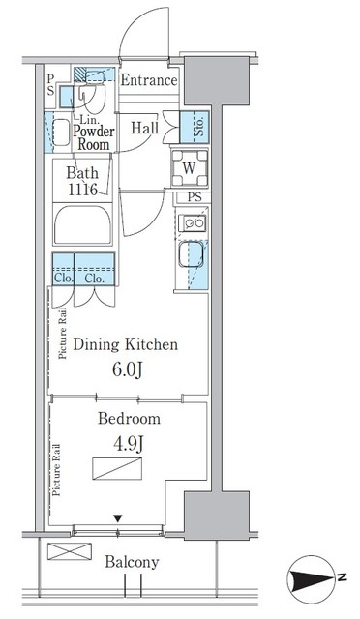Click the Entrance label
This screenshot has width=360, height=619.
[x=148, y=80]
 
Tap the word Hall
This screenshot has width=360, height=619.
[x=145, y=128]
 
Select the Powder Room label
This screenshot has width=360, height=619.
[x=94, y=136]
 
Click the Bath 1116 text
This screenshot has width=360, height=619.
[x=82, y=182]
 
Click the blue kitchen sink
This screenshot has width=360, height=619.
[x=190, y=257]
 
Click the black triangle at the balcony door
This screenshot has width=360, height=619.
[x=118, y=519]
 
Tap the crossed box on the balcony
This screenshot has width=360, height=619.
[x=68, y=551]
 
